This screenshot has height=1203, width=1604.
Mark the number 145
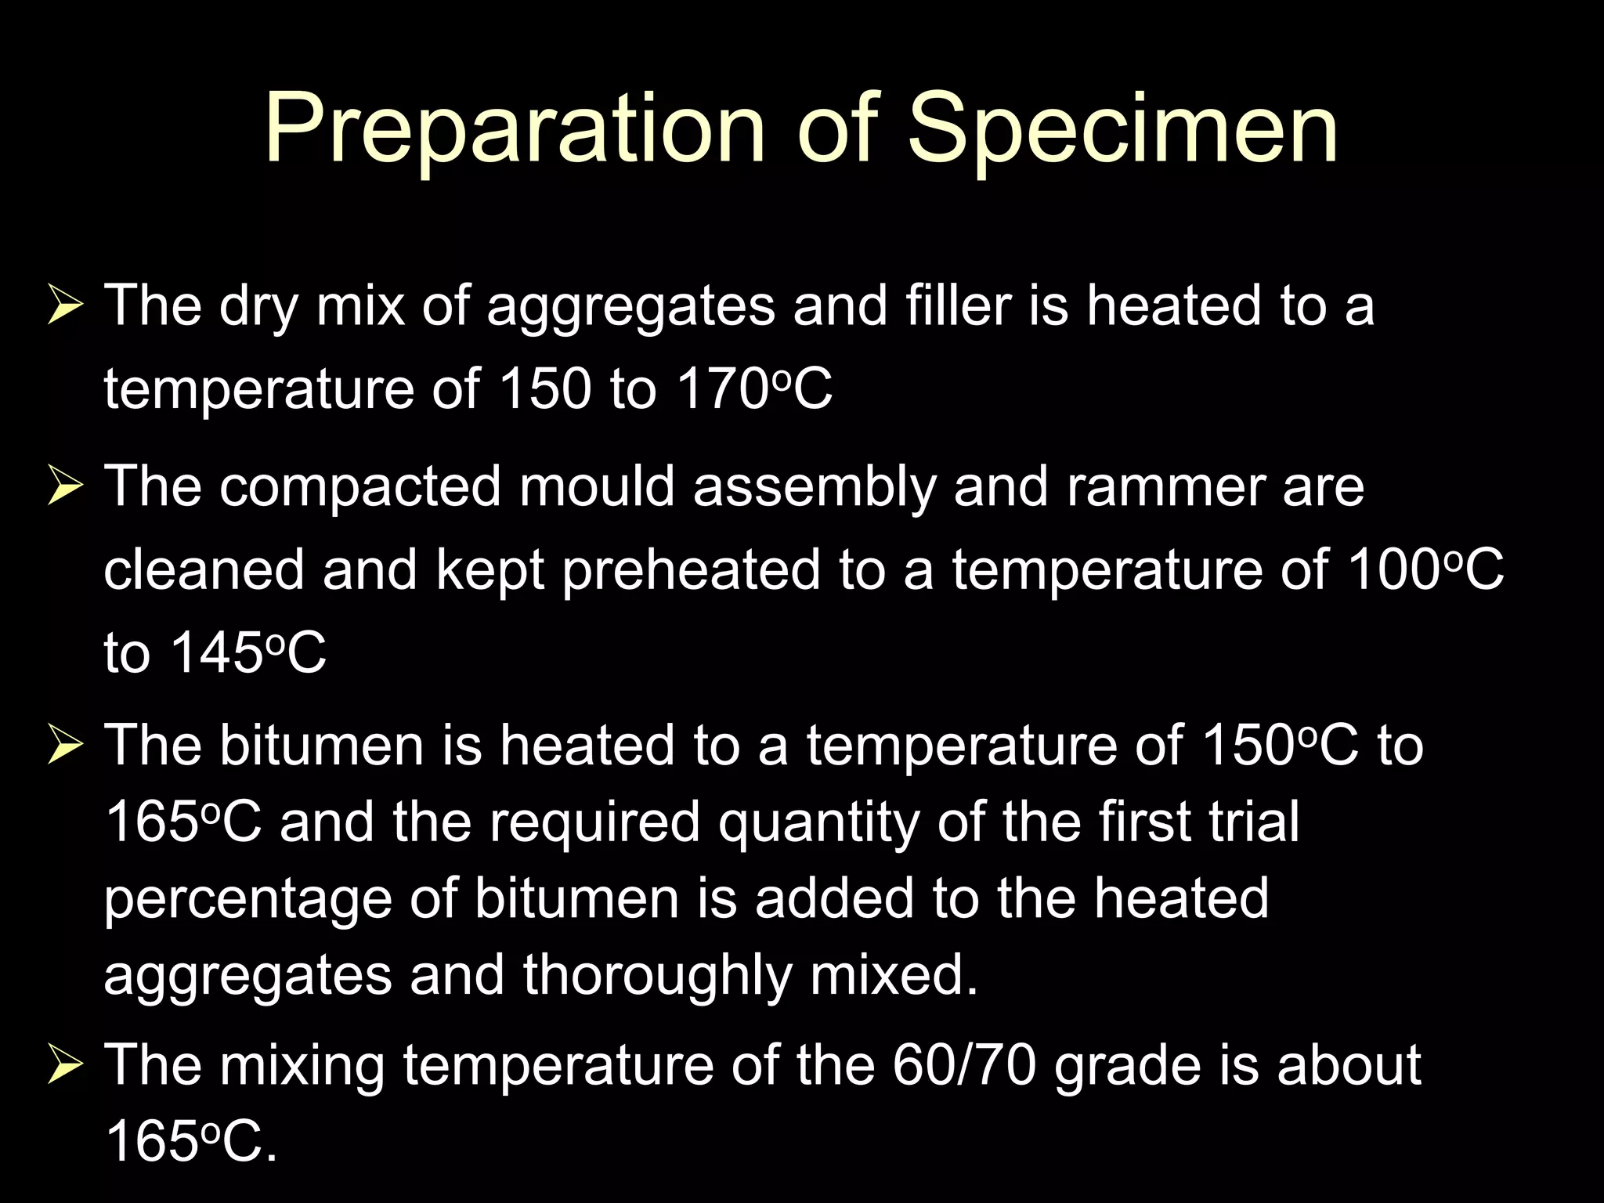pyautogui.click(x=216, y=652)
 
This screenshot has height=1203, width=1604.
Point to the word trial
pyautogui.click(x=1254, y=822)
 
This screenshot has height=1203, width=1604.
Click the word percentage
pyautogui.click(x=247, y=898)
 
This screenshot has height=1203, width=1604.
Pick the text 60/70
pyautogui.click(x=964, y=1065)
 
